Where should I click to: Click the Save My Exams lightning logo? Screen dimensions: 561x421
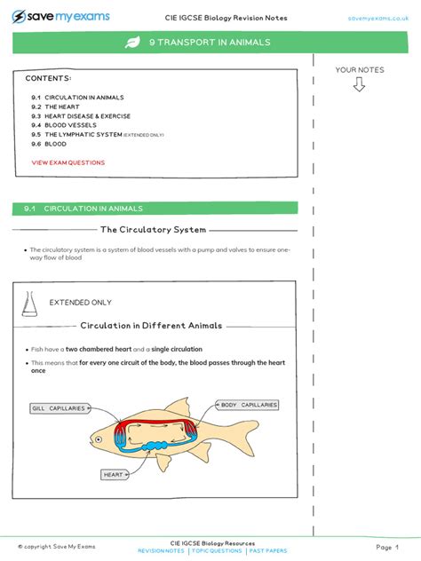click(19, 16)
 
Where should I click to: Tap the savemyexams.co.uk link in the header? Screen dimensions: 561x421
click(377, 17)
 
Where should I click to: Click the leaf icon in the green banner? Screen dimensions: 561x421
click(132, 42)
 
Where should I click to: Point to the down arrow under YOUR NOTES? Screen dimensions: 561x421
click(359, 85)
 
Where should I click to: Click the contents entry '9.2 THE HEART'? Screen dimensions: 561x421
click(55, 107)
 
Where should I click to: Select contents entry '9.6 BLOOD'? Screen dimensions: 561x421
click(49, 143)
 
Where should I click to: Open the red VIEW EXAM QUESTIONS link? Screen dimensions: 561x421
click(68, 163)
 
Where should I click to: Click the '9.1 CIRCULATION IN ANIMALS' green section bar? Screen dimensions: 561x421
click(155, 209)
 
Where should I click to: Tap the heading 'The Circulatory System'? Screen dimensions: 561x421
click(154, 230)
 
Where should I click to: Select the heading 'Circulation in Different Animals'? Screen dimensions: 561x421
click(152, 326)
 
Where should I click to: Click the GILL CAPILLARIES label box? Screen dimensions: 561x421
click(59, 408)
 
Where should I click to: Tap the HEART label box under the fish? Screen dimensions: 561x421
click(114, 475)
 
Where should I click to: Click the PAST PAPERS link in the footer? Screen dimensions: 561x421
click(266, 551)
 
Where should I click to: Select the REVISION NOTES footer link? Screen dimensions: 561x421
click(162, 551)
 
